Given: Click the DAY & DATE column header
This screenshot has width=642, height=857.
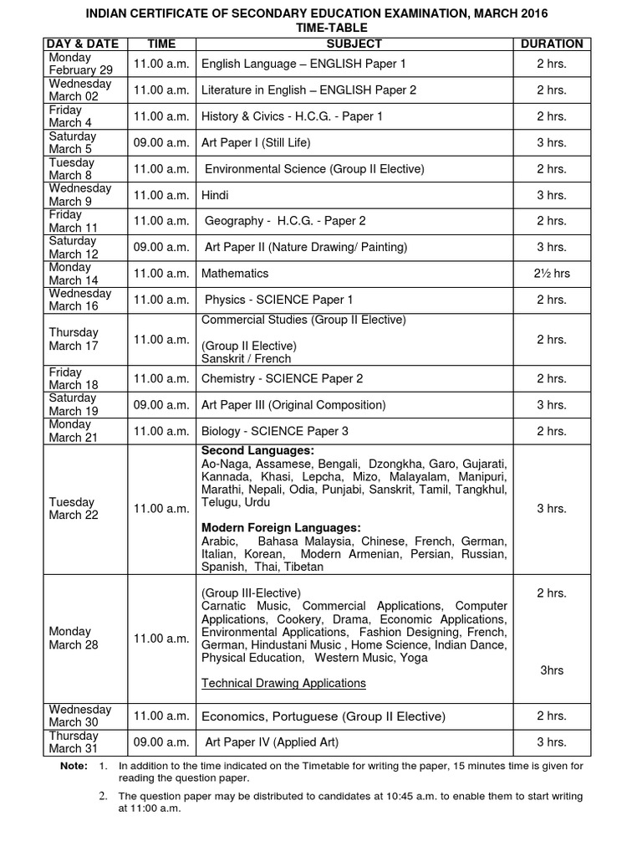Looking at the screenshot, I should [x=83, y=44].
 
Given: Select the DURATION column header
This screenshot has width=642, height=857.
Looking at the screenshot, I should [x=552, y=44].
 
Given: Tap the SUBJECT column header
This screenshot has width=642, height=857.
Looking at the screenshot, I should [x=354, y=44].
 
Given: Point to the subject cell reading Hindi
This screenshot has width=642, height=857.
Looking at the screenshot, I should [x=215, y=195].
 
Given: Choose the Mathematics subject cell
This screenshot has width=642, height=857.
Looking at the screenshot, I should [x=235, y=274].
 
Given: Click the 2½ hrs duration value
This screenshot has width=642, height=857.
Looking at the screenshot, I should [x=552, y=274].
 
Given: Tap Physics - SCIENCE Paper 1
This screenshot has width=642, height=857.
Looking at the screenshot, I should [x=278, y=300].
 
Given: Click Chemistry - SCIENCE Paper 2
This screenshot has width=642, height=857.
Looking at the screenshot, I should [x=282, y=378].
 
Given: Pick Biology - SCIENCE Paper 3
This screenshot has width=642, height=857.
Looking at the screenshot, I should [x=275, y=431].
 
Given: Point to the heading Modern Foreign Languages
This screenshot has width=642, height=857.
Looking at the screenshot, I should [x=281, y=527].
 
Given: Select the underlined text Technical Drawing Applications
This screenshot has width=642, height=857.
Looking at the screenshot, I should [x=283, y=683].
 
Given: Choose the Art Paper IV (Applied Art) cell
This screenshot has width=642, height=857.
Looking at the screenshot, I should [x=272, y=742].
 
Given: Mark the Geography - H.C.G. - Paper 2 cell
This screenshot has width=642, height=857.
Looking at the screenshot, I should [x=285, y=221].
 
